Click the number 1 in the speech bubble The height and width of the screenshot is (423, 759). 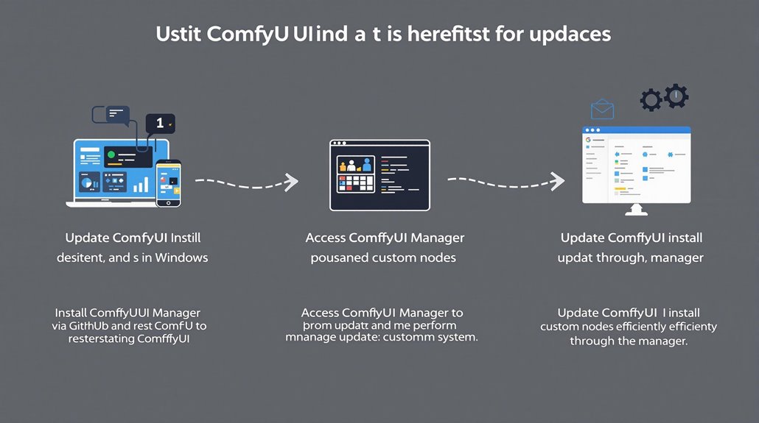tap(160, 124)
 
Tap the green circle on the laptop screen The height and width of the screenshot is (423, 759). tap(111, 154)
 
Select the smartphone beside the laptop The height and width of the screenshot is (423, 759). tap(169, 183)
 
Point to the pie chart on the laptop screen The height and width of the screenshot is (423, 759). tap(86, 182)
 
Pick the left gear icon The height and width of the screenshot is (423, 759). tap(650, 100)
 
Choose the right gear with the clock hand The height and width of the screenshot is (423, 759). tap(675, 96)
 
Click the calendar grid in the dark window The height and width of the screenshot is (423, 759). tap(355, 182)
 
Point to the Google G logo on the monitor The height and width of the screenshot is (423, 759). tap(589, 140)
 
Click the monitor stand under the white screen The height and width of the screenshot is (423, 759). tap(636, 210)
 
